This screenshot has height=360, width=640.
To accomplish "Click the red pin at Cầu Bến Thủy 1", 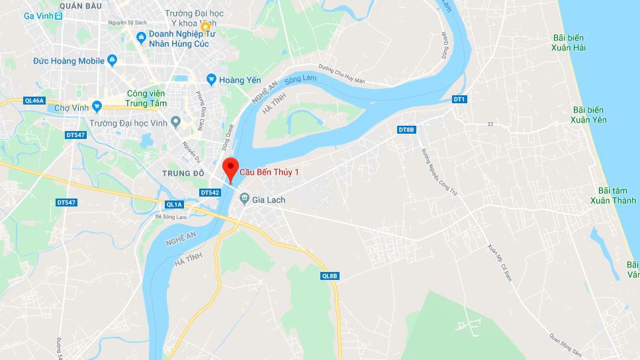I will point(230,168).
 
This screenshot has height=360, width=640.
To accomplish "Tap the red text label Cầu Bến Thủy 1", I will point(269,172).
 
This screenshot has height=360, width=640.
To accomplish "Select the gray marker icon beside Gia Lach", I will point(244,198).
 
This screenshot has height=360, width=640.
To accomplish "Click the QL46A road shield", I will point(33,101).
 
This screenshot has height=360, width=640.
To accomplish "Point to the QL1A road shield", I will point(174,204).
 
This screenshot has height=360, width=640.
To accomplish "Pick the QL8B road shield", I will point(330,275).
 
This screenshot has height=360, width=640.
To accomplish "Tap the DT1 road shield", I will point(459,99).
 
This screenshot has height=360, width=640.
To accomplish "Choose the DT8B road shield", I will point(406,130).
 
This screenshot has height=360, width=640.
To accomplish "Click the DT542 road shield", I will point(209,192).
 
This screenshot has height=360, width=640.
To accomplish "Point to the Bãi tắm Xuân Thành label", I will point(614,196).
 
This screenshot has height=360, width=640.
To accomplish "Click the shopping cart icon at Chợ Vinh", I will point(97,106).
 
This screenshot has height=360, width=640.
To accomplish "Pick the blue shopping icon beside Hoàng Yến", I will point(211,79).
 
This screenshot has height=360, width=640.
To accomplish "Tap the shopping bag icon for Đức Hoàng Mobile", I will point(112,61).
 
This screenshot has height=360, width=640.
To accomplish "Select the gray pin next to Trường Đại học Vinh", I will point(175,122).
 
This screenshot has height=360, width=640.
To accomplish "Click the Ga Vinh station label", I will point(39,15).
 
